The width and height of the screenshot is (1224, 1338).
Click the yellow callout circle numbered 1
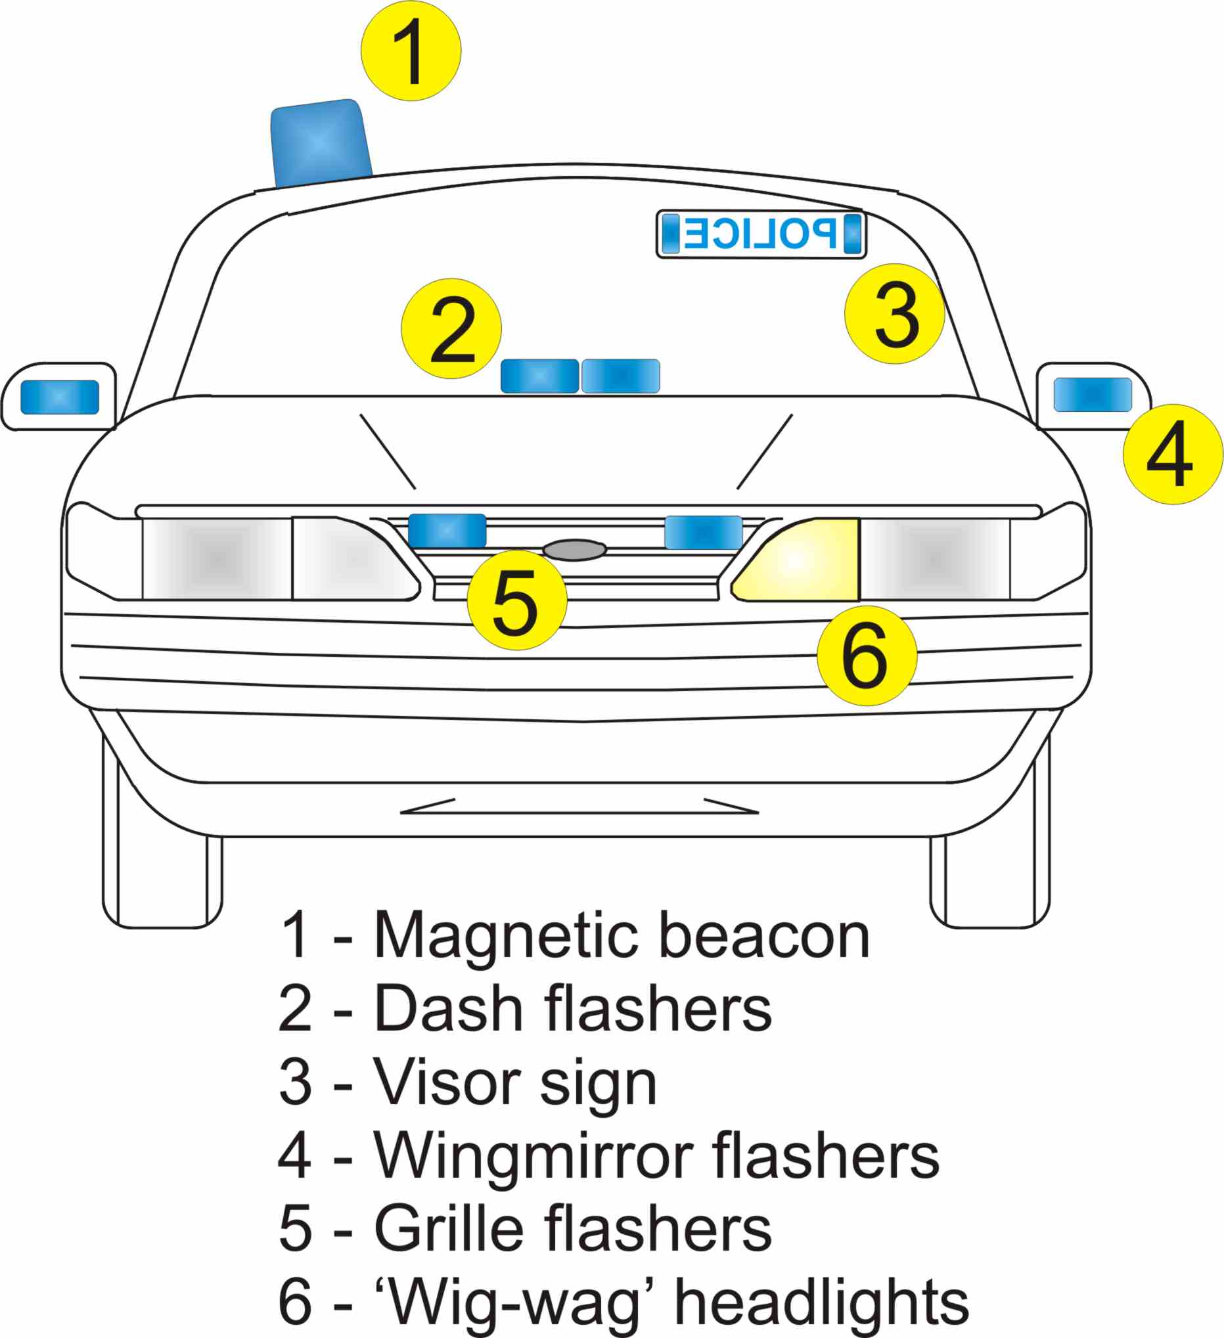pos(411,51)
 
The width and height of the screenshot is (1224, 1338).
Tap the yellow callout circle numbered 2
pos(451,328)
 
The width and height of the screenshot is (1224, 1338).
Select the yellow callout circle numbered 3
pos(894,314)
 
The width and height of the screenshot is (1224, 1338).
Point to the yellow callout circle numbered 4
pos(1173,455)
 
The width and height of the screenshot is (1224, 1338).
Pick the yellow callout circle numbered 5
pos(517,600)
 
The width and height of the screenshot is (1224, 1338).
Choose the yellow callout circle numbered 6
pos(867,656)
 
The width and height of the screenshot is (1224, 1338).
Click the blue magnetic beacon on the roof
pos(320,143)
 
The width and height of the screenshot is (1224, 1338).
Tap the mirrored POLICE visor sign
pos(761,234)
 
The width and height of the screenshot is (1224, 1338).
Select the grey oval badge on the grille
pos(575,550)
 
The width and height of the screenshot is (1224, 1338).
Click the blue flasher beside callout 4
pos(1093,395)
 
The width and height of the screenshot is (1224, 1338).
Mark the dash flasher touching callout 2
pos(539,376)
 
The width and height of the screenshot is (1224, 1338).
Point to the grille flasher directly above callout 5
pos(447,531)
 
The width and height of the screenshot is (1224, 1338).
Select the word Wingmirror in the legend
pos(534,1157)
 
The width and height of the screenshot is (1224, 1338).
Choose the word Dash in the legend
pos(449,1011)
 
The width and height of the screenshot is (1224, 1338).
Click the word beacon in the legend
pos(765,938)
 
